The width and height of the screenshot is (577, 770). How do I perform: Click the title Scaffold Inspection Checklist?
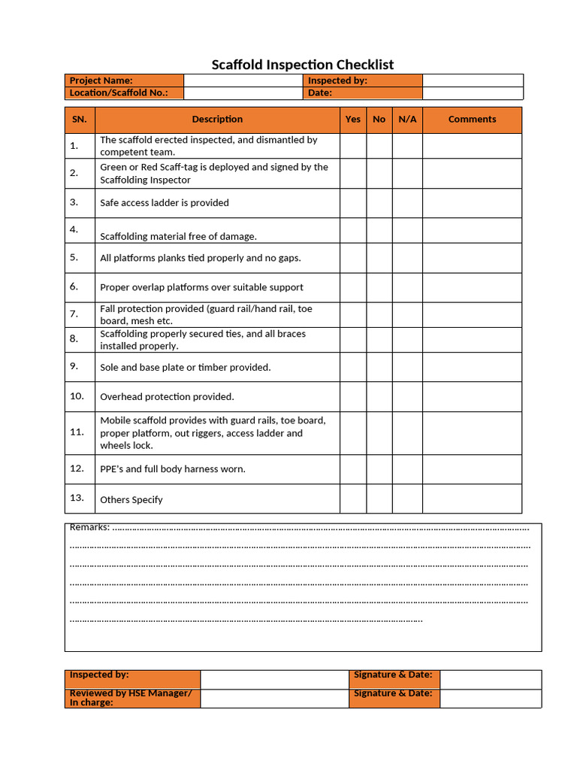pos(302,65)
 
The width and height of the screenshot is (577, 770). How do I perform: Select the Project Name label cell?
pos(124,80)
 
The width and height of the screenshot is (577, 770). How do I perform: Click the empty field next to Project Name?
pos(243,80)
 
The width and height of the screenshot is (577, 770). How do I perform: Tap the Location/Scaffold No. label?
pos(124,93)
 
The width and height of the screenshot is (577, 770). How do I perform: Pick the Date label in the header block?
pos(363,93)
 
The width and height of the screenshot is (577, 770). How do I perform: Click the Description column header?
pos(217,120)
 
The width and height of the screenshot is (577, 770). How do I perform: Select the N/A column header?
pos(407,120)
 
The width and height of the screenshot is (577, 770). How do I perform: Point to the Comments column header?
pos(472,120)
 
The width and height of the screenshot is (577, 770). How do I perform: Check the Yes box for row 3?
pos(352,203)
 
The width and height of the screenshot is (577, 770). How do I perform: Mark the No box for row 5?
pos(379,258)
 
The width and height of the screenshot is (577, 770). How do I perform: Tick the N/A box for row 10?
pos(407,396)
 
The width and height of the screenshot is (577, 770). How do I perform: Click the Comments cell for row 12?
pos(472,469)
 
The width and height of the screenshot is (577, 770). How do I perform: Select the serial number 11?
pos(77,432)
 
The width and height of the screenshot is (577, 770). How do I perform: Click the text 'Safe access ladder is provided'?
pos(165,203)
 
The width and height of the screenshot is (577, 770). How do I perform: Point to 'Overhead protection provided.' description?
pos(167,396)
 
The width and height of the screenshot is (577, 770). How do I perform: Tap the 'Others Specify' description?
pos(131,499)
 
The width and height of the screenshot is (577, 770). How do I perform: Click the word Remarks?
pos(89,527)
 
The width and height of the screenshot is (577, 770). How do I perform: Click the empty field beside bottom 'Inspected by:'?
pos(274,679)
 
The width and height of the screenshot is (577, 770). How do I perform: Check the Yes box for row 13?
pos(352,499)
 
